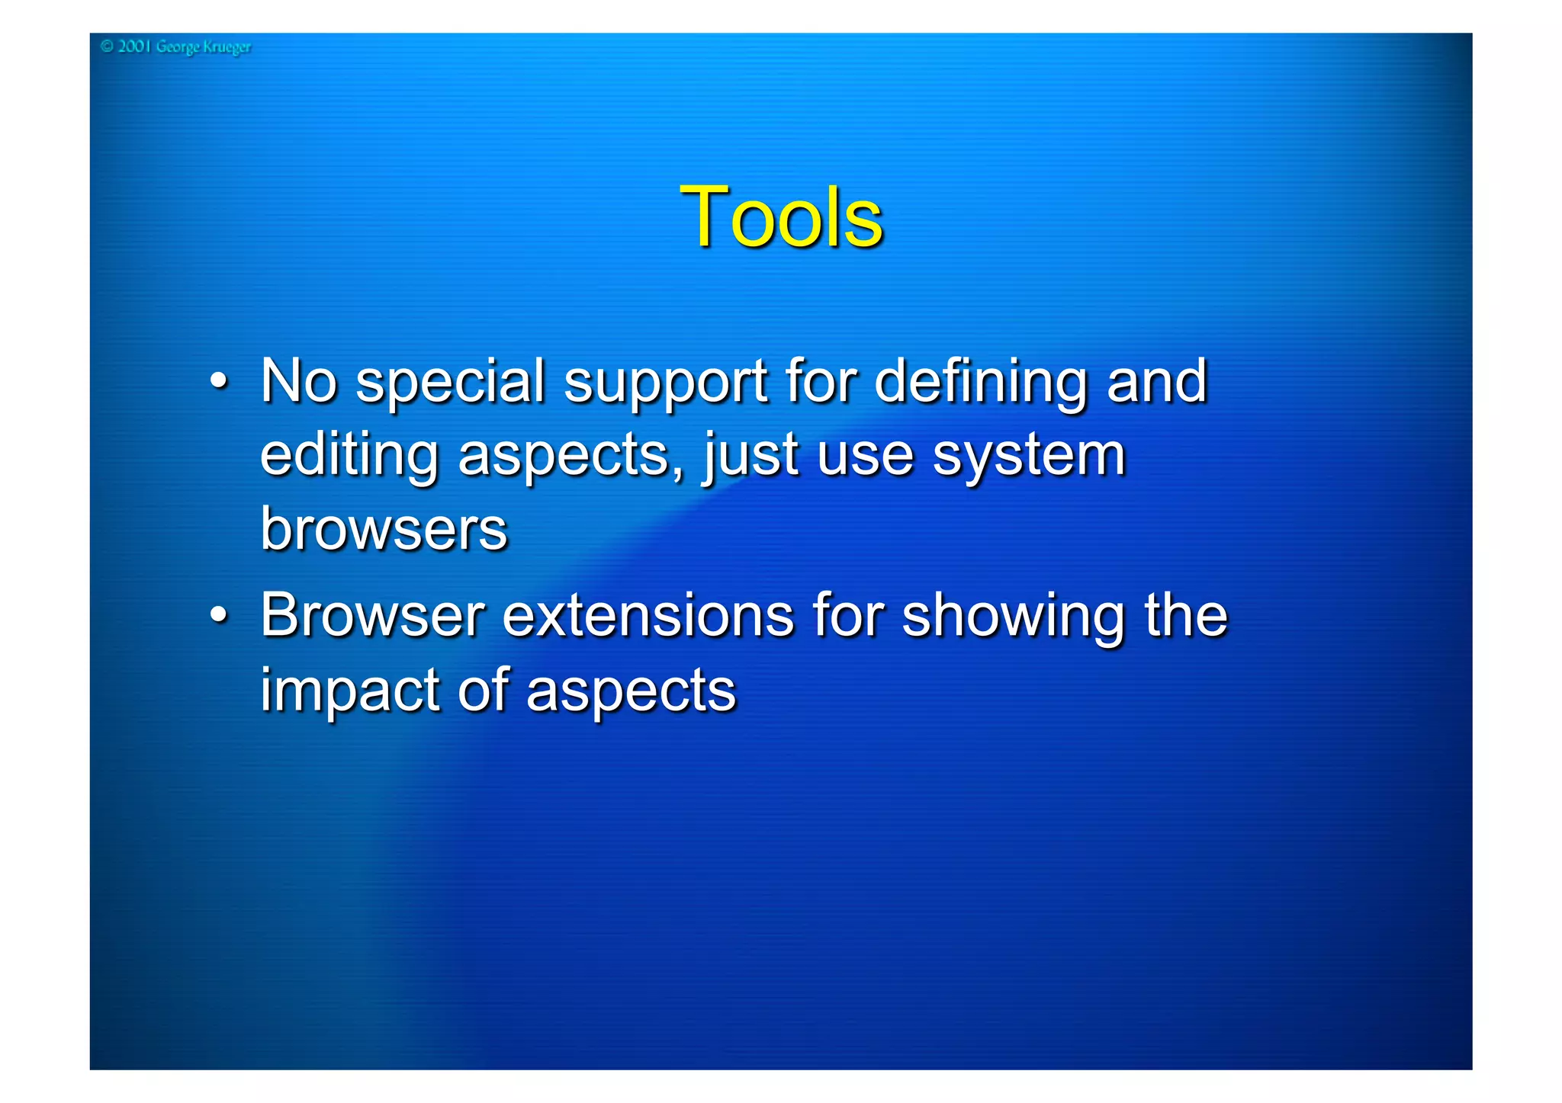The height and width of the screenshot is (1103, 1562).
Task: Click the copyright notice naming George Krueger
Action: point(176,47)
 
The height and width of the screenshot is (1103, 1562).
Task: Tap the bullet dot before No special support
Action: point(219,380)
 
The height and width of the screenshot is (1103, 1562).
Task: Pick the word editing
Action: point(349,457)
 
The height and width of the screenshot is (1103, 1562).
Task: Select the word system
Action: point(1029,457)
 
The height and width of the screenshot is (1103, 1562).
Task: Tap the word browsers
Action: point(384,528)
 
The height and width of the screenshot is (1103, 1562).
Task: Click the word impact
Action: point(349,691)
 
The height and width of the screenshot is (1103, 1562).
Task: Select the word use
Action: point(866,457)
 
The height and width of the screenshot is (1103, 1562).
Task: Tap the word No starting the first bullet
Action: point(298,380)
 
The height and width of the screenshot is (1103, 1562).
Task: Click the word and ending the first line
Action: point(1157,380)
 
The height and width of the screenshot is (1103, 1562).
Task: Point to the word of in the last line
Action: point(483,689)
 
